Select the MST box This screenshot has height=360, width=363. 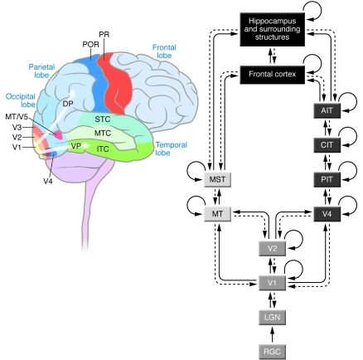[x=216, y=179]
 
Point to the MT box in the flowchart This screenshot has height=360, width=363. [x=216, y=214]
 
